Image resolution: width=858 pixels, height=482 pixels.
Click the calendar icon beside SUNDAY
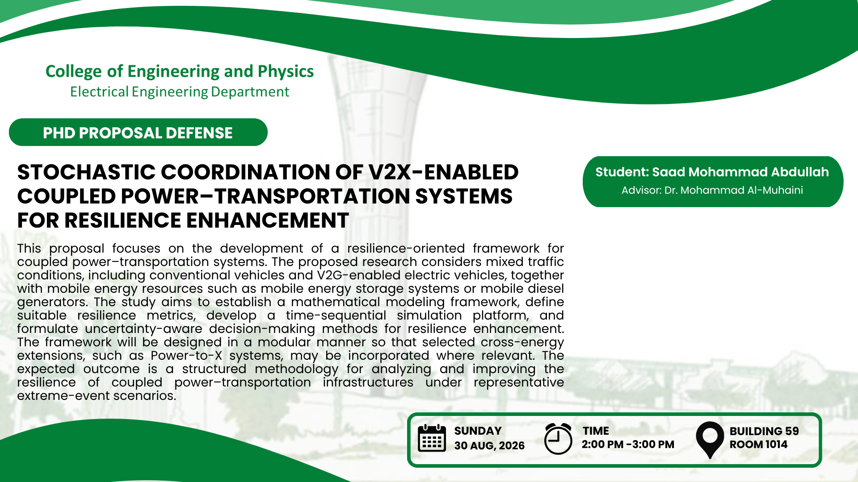click(x=432, y=438)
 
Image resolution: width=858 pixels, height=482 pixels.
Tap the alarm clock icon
click(x=558, y=439)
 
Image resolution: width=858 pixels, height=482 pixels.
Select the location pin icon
click(x=710, y=440)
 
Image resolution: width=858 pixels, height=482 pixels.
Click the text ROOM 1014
click(x=758, y=445)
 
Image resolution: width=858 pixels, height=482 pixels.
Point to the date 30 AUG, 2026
click(x=489, y=446)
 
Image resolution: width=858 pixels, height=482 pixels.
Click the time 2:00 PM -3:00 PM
click(x=628, y=445)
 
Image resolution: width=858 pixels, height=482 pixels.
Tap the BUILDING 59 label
click(x=764, y=431)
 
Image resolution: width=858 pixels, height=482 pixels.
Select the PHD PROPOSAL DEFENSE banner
click(x=138, y=132)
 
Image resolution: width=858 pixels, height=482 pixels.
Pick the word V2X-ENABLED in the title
click(x=443, y=172)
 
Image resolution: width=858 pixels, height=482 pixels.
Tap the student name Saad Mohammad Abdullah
click(x=740, y=172)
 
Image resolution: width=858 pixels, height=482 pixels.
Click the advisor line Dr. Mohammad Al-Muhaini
click(x=734, y=190)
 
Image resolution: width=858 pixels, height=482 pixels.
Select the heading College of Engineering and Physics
click(x=180, y=71)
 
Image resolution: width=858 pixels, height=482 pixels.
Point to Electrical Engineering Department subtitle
click(x=180, y=92)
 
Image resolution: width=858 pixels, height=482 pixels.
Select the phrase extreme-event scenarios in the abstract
click(x=97, y=396)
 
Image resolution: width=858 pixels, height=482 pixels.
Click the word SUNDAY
click(x=478, y=431)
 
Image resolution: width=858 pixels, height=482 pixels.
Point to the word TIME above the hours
click(x=596, y=431)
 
